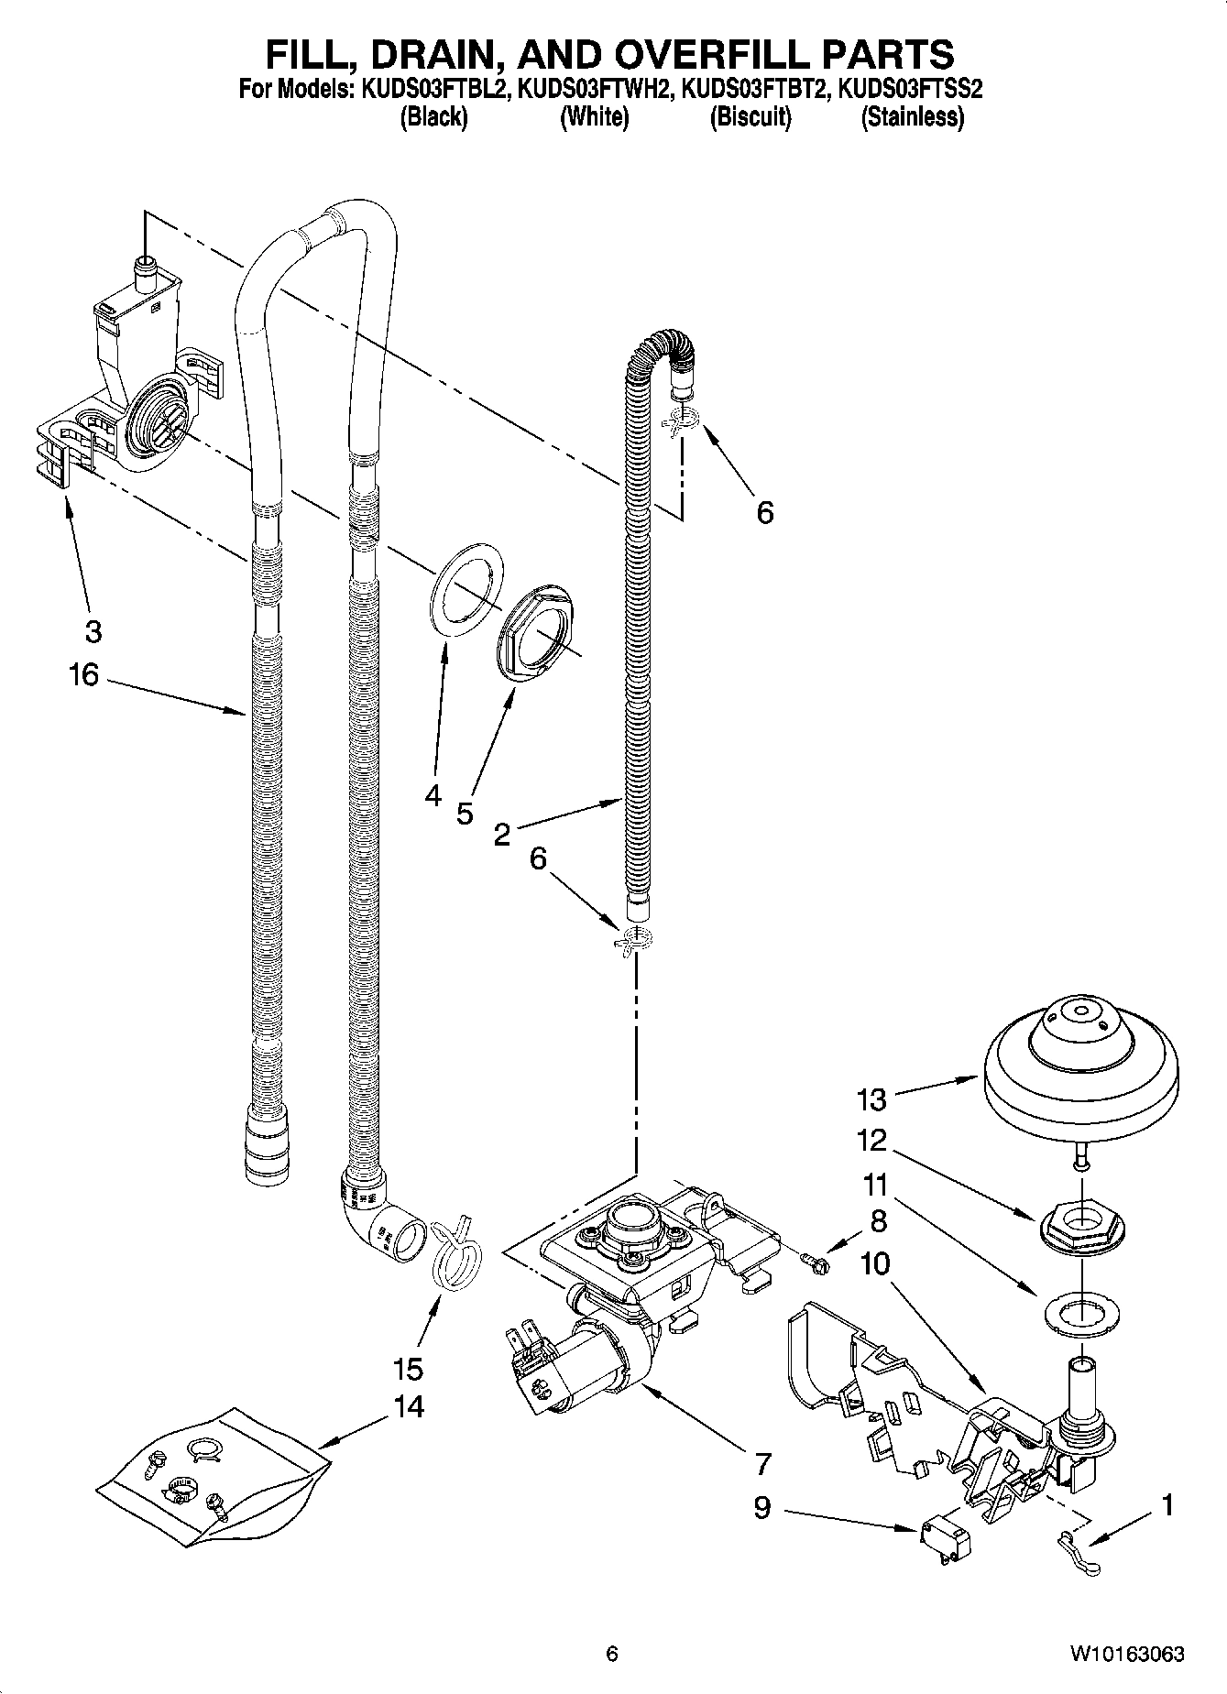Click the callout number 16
click(82, 675)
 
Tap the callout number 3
click(93, 631)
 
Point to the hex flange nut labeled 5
click(538, 633)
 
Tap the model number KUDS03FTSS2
click(914, 90)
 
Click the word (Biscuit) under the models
click(750, 116)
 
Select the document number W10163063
click(1125, 1653)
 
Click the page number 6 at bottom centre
click(612, 1653)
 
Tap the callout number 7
click(762, 1464)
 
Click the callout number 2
click(501, 834)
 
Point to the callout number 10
click(875, 1264)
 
